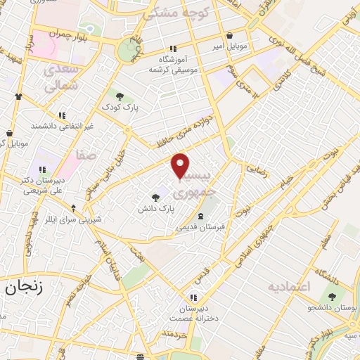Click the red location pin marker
[181, 165]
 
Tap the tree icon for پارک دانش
[155, 198]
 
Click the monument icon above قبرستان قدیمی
[202, 214]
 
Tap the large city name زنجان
[25, 287]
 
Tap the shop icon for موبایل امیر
[229, 36]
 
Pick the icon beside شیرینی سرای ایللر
[74, 208]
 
